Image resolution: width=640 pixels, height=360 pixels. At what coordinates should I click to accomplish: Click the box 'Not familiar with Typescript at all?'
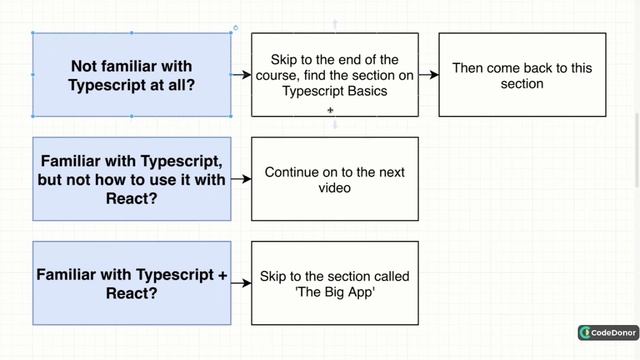(x=133, y=74)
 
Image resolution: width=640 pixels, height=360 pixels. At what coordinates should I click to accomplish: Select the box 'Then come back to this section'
(x=522, y=74)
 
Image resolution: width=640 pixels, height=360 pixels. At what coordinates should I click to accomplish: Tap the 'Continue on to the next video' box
(x=334, y=179)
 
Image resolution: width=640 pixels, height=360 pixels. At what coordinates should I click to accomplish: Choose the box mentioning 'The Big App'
(x=334, y=283)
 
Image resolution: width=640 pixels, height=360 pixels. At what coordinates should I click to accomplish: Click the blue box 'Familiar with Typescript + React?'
(x=133, y=283)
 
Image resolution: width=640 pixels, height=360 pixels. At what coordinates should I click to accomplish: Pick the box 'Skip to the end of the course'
(x=334, y=74)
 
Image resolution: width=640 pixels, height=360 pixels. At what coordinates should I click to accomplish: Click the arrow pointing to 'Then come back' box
(x=428, y=74)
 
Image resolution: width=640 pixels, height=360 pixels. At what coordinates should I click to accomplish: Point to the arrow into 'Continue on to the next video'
(x=241, y=179)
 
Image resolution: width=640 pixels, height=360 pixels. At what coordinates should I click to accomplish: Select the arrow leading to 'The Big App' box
(x=241, y=283)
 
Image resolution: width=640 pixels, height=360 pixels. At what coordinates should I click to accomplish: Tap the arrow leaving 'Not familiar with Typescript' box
(x=241, y=74)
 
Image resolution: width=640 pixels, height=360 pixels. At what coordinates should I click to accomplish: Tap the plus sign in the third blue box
(x=222, y=274)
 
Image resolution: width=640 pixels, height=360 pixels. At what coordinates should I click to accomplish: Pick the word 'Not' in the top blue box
(x=84, y=66)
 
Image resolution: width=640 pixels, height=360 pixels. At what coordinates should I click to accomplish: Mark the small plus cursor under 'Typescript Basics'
(x=330, y=111)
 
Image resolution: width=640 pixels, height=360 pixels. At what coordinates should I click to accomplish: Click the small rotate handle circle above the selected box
(x=235, y=28)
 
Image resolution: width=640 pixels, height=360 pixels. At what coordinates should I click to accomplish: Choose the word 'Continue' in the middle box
(x=292, y=172)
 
